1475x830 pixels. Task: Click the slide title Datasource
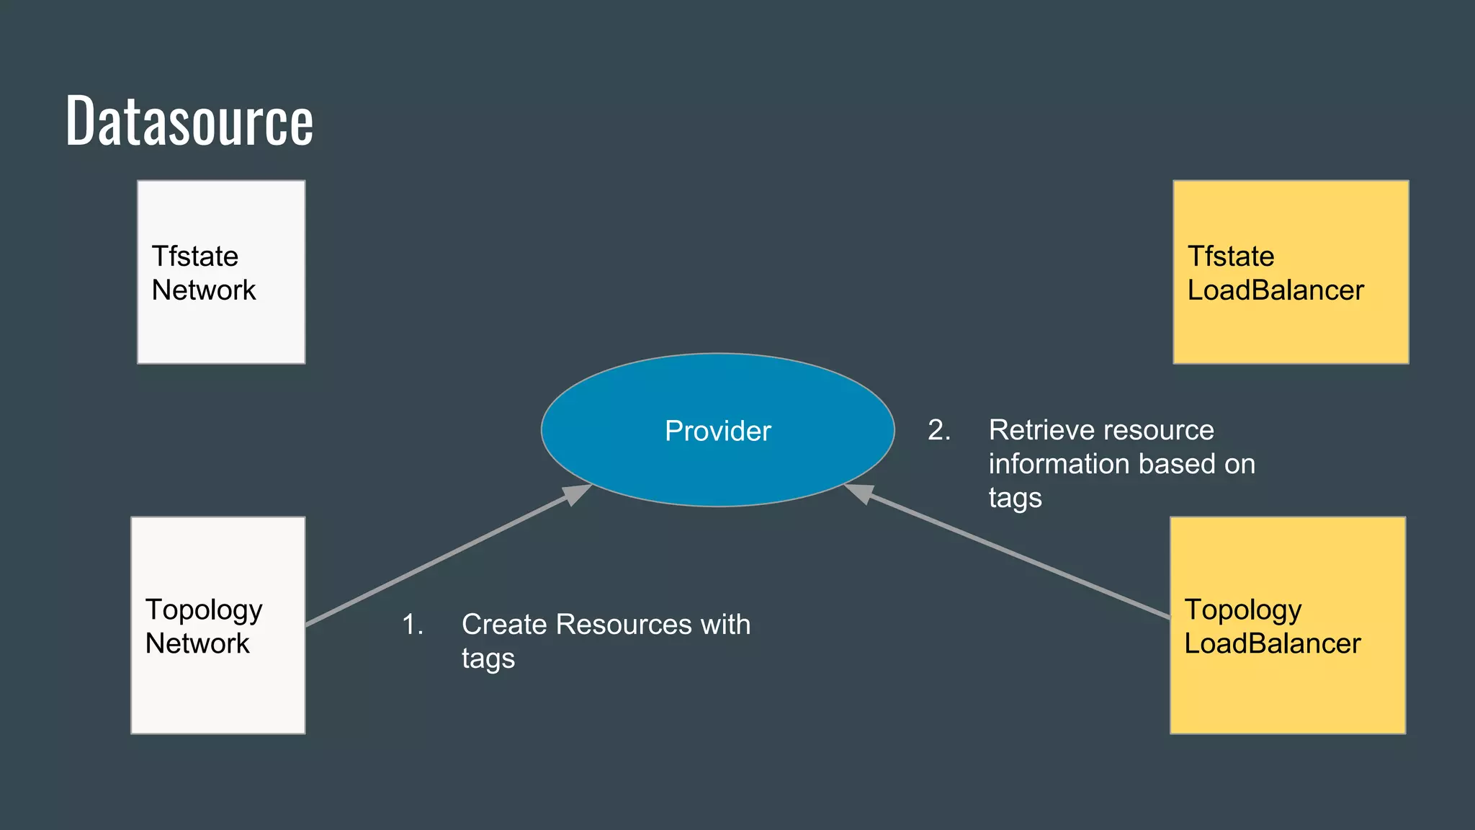[189, 121]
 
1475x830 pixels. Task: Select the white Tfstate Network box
[221, 324]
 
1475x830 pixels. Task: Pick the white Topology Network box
[218, 692]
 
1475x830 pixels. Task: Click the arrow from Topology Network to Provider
[439, 558]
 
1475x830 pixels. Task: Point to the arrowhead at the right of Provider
[859, 493]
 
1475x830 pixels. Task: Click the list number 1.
[412, 625]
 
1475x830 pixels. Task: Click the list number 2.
[938, 430]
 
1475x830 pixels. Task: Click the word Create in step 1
[503, 625]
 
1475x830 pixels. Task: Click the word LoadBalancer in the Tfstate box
[1275, 290]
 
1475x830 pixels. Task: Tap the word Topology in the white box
[204, 610]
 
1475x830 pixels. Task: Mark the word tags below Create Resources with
[488, 659]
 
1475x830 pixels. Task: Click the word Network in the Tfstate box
[204, 290]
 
